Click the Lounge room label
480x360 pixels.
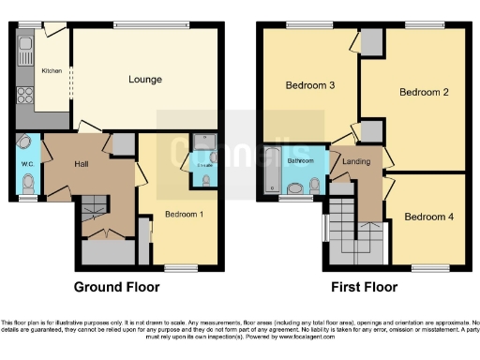145,80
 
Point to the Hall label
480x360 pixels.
82,163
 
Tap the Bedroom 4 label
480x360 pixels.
429,217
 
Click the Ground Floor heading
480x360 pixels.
115,287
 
